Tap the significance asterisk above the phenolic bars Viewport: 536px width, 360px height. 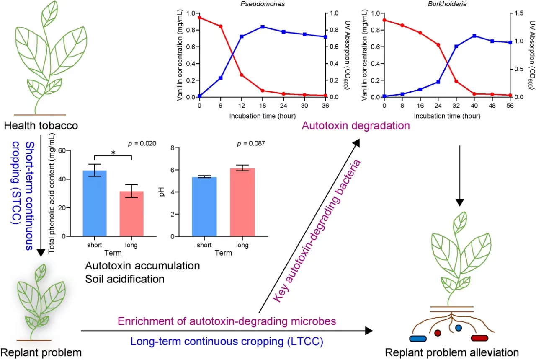pos(113,153)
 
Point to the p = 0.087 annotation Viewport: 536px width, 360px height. pos(251,144)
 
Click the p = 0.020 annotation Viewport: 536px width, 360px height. pos(142,143)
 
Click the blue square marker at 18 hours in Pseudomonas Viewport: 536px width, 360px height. pos(263,27)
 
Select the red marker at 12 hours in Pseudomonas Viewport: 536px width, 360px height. pos(242,75)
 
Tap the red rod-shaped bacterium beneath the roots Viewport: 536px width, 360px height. pos(480,338)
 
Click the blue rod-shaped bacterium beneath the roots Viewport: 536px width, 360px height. pos(417,338)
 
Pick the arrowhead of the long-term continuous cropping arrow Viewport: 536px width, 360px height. pos(368,331)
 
